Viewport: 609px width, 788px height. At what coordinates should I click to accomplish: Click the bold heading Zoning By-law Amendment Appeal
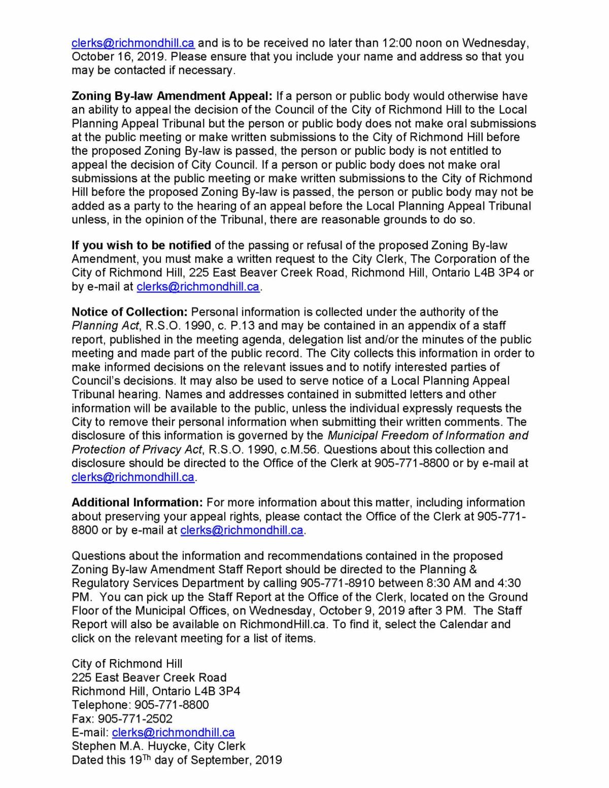[173, 96]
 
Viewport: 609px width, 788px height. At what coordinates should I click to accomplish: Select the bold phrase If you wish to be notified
[141, 245]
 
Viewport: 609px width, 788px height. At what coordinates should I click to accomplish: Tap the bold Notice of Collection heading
[129, 312]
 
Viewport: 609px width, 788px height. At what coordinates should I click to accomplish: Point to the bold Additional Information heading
[137, 502]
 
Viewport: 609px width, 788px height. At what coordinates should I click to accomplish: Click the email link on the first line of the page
[133, 43]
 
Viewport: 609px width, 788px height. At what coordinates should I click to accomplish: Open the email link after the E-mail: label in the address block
[173, 732]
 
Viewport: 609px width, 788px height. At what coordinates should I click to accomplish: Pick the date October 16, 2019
[112, 56]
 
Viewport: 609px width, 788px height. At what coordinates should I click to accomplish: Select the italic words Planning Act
[105, 325]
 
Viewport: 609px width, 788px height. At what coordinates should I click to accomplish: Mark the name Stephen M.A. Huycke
[129, 746]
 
